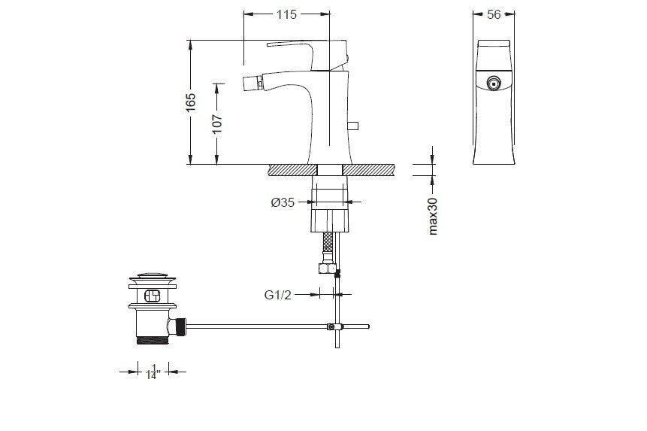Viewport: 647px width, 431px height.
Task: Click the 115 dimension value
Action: pos(286,14)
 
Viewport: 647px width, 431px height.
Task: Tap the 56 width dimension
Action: pos(494,14)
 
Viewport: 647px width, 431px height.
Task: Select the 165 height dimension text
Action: pos(190,102)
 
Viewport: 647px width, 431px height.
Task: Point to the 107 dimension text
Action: pos(217,123)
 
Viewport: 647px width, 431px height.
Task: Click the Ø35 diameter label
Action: pos(283,202)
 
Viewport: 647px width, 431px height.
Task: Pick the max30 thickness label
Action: pos(432,216)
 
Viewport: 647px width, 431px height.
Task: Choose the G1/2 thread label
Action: pos(278,295)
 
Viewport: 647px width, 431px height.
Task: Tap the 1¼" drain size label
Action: pos(153,372)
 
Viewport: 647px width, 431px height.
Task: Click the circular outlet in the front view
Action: pos(493,83)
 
